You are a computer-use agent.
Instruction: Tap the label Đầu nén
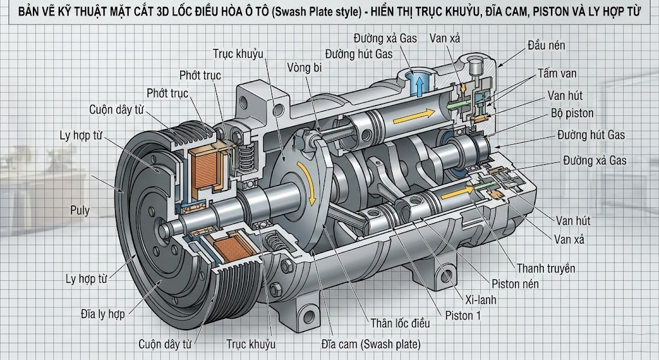click(547, 46)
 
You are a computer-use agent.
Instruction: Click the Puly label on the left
click(80, 210)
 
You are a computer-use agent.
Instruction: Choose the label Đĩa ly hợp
click(103, 314)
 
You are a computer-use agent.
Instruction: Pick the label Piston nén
click(515, 283)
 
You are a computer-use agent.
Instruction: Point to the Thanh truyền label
click(546, 268)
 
